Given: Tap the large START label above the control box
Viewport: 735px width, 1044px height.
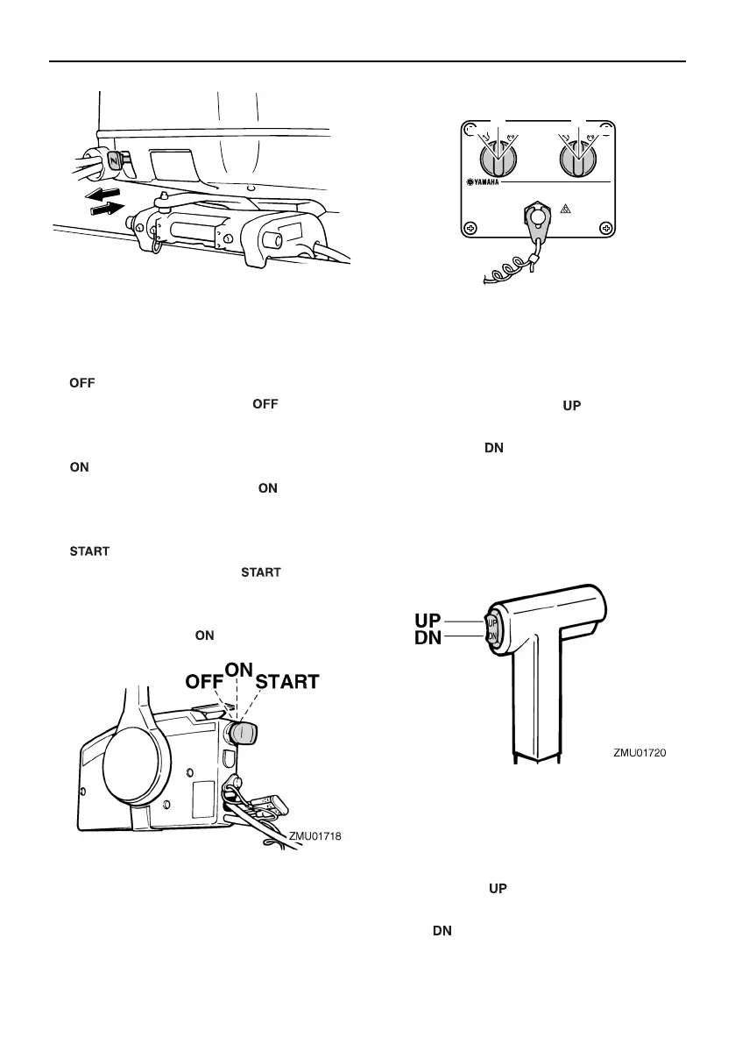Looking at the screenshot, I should pos(287,680).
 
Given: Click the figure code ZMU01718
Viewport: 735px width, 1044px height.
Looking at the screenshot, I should pos(314,837).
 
